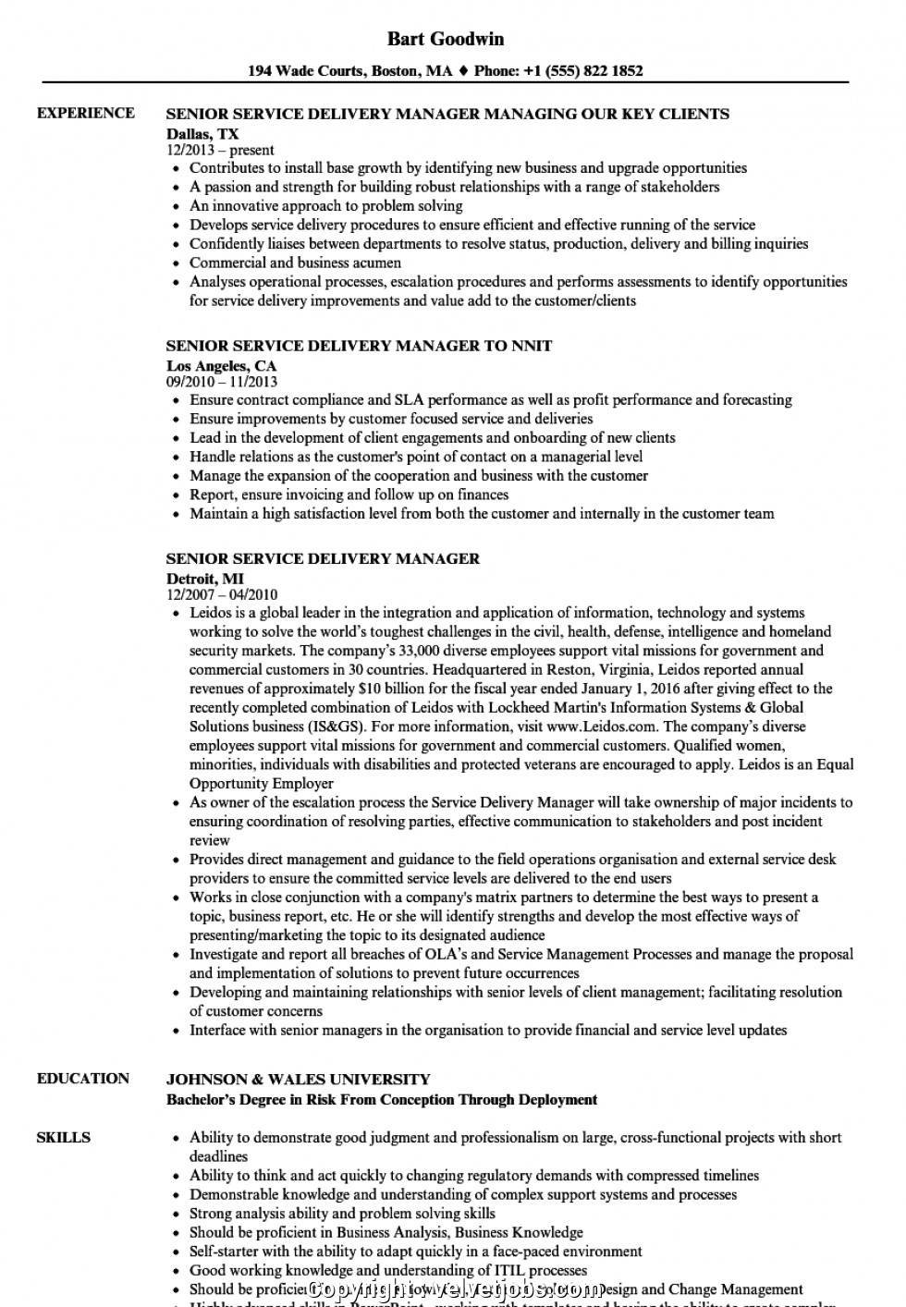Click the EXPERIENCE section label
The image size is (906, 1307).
pos(85,113)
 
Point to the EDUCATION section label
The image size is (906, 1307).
pos(83,1078)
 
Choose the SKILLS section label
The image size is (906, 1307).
pos(64,1137)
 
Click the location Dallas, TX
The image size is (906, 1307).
pos(202,134)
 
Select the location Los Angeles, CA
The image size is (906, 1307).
pos(221,365)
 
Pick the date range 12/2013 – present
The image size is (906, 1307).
pos(220,150)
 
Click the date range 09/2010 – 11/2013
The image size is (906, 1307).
pos(222,381)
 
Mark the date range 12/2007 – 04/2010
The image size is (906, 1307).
pos(222,594)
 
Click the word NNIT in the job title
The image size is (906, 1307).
pos(532,346)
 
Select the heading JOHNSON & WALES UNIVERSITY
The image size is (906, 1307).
pos(298,1079)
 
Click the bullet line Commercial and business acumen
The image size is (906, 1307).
pos(295,263)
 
